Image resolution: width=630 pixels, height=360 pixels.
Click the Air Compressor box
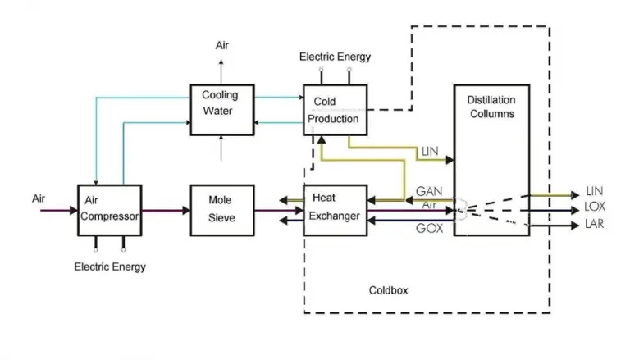point(110,210)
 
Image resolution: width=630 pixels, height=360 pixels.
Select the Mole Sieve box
point(221,210)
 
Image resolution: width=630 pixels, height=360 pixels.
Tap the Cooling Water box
point(221,108)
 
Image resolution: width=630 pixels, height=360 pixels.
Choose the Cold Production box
point(335,110)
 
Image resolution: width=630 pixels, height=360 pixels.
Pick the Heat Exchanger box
point(335,210)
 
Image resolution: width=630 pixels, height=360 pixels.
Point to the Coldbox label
point(388,290)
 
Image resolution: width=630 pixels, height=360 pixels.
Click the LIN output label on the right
point(595,191)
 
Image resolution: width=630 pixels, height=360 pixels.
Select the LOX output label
point(595,207)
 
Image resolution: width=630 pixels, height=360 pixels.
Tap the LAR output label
point(595,223)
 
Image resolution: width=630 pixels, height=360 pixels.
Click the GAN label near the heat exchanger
point(429,191)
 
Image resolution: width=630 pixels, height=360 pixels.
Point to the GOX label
point(429,229)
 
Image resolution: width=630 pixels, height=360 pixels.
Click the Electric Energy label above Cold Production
point(335,57)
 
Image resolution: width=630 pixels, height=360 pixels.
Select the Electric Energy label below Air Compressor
point(110,267)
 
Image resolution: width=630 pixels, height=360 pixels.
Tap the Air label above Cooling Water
point(222,45)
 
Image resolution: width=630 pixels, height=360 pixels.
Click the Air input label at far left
point(39,198)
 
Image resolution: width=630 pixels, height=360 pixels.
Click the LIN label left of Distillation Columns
point(430,152)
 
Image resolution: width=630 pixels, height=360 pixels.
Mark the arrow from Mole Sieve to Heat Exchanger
point(278,211)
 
